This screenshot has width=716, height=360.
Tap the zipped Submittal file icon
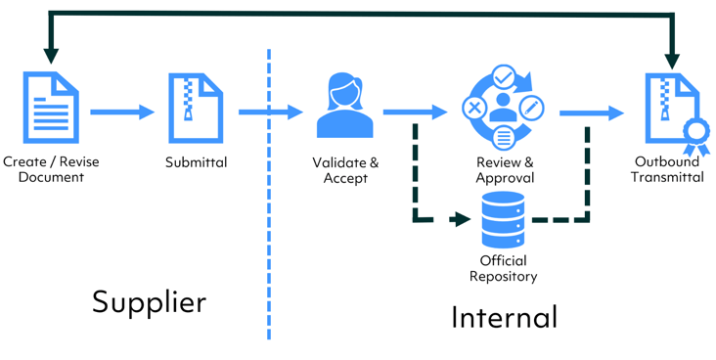point(195,109)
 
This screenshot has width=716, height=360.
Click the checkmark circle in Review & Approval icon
point(504,76)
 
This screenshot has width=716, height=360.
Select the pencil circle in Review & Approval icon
point(531,107)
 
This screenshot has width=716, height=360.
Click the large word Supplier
point(149,302)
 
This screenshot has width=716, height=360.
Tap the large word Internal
point(504,317)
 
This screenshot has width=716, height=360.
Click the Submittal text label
point(196,162)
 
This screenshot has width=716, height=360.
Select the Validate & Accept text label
point(345,170)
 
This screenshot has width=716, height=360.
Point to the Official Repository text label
point(503,269)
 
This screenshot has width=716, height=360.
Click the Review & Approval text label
point(505,170)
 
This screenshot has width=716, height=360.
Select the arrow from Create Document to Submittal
point(122,112)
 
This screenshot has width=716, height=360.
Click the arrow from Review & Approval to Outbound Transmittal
point(592,113)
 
